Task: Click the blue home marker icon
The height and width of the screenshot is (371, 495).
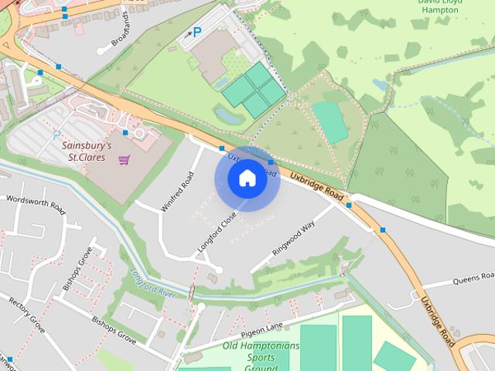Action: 247,179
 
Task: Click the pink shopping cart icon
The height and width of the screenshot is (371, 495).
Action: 124,160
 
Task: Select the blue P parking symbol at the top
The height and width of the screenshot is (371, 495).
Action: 196,32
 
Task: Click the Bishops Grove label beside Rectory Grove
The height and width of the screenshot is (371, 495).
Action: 114,330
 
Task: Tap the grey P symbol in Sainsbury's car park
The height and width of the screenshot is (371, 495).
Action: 56,134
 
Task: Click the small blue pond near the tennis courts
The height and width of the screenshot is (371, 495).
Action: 227,116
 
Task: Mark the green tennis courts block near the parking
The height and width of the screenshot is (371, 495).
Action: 254,90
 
